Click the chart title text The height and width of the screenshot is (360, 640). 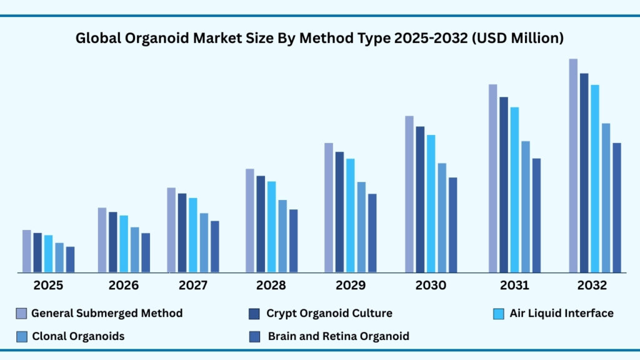click(319, 38)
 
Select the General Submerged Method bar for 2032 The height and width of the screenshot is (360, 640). click(573, 166)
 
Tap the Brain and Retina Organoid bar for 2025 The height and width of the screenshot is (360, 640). click(70, 259)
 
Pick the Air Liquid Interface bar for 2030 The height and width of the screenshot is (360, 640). click(431, 203)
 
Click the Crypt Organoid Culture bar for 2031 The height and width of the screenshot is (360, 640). click(504, 184)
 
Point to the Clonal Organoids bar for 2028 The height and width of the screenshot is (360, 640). click(282, 236)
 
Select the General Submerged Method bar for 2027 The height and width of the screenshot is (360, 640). click(171, 230)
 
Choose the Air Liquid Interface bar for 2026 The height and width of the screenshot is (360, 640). click(124, 244)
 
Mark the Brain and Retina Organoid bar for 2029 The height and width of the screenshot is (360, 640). click(372, 232)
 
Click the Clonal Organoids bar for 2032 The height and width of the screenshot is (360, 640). click(606, 197)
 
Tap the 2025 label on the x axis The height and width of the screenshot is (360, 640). click(48, 286)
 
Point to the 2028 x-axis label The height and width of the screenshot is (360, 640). click(271, 286)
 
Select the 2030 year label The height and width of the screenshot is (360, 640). click(431, 286)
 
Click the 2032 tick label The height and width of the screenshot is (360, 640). click(591, 286)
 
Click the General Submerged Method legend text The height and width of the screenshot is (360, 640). click(107, 313)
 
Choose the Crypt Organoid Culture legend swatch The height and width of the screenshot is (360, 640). click(254, 313)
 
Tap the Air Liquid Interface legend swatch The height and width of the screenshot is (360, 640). click(498, 313)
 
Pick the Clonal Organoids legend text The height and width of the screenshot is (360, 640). click(78, 336)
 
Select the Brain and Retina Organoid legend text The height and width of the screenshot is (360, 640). click(339, 336)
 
